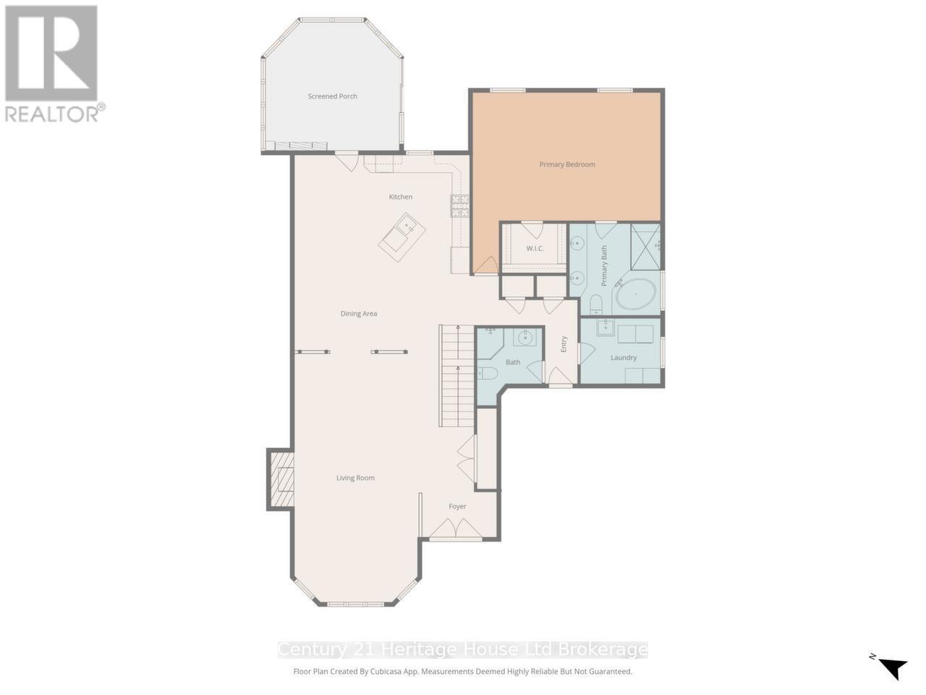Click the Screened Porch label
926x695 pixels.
click(x=332, y=96)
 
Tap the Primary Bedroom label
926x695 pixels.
click(x=566, y=164)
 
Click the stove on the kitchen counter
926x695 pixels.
click(x=460, y=206)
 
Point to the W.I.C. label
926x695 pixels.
click(x=535, y=249)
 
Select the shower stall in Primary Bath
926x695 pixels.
click(x=645, y=246)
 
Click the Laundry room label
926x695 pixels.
click(x=623, y=358)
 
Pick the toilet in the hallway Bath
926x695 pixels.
click(x=487, y=374)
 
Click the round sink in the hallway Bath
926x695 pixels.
click(x=525, y=337)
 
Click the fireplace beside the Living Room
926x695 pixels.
click(x=281, y=479)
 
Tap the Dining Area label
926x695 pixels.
click(x=359, y=313)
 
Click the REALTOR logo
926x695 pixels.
click(x=52, y=63)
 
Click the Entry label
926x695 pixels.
click(x=564, y=345)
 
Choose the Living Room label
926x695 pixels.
click(x=355, y=478)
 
